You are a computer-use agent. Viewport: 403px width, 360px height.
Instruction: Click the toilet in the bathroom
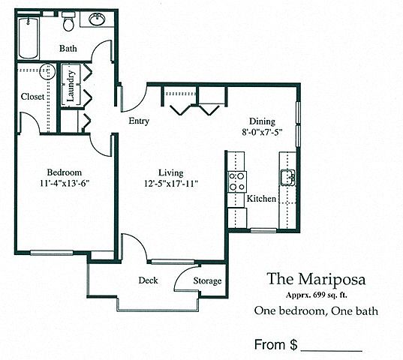click(68, 21)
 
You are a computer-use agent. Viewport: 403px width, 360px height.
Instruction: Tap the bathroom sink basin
click(97, 19)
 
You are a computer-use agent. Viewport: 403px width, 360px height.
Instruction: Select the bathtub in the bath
click(29, 38)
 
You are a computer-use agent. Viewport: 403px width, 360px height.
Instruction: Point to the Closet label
click(32, 97)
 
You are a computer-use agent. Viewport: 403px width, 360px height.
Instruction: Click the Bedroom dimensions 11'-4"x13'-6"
click(65, 183)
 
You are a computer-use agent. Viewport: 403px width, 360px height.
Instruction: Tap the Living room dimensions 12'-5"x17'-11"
click(171, 184)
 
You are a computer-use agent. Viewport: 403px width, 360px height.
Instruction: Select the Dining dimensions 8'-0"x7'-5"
click(262, 132)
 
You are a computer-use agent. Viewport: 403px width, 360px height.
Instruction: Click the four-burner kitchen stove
click(237, 181)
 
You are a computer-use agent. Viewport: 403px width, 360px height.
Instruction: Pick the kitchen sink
click(287, 177)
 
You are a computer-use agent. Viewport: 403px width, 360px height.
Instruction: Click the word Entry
click(139, 121)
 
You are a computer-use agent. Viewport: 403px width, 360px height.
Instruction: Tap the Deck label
click(149, 280)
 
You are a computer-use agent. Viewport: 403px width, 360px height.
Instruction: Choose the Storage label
click(207, 281)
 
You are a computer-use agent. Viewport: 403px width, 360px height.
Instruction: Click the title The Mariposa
click(316, 279)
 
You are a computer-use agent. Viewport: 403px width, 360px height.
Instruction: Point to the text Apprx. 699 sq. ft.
click(317, 295)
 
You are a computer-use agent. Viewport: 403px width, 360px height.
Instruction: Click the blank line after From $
click(332, 351)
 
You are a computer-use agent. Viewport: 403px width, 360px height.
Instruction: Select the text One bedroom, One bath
click(316, 311)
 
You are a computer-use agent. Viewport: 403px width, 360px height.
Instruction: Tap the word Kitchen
click(261, 199)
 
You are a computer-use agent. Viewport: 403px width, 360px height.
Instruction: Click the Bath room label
click(68, 48)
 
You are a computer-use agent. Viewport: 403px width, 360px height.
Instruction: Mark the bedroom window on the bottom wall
click(52, 253)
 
